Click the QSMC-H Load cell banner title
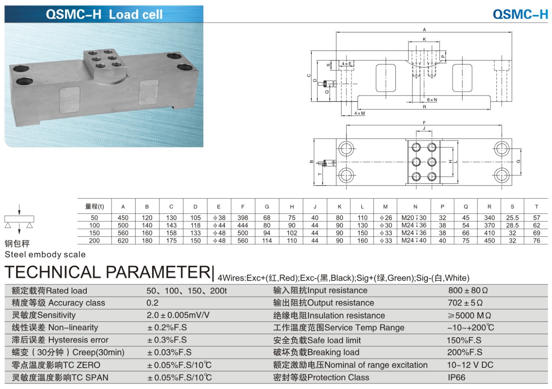(x=104, y=15)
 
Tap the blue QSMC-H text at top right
(x=520, y=15)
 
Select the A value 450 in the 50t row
(x=123, y=218)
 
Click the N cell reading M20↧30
(x=414, y=218)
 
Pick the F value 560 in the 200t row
(x=243, y=241)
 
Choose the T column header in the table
(x=536, y=207)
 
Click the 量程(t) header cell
(x=95, y=207)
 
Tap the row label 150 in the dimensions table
(x=95, y=233)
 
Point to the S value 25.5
(x=512, y=218)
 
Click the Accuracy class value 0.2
(x=153, y=303)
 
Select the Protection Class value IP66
(x=456, y=378)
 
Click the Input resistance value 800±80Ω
(x=468, y=291)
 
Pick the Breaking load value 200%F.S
(x=464, y=352)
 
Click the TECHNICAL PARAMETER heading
(x=107, y=272)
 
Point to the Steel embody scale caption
(x=45, y=255)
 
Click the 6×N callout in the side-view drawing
(x=432, y=100)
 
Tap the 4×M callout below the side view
(x=359, y=113)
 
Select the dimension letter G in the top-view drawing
(x=518, y=161)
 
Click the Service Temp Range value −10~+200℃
(x=470, y=328)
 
